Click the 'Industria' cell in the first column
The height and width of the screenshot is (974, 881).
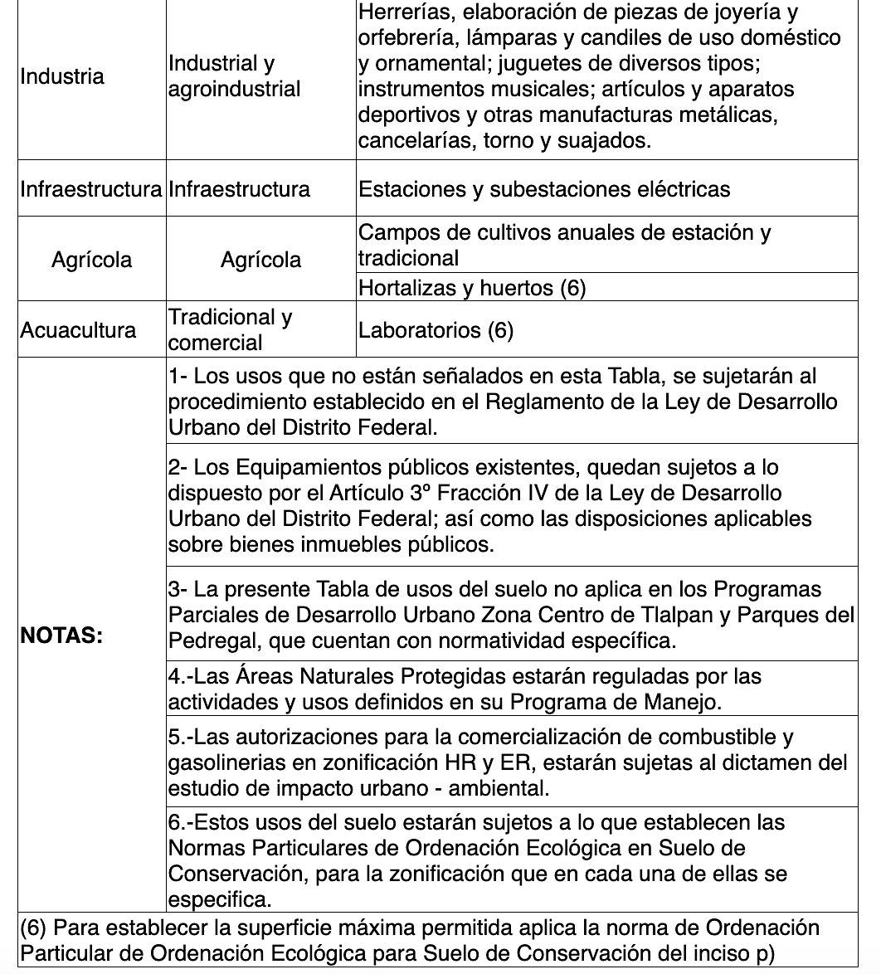tap(62, 76)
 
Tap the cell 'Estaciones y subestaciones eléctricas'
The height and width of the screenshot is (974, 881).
tap(544, 189)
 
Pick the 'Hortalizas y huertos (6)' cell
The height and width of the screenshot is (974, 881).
tap(472, 288)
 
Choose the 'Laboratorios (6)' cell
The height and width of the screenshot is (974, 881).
tap(436, 330)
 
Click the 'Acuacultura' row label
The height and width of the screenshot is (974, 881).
tap(78, 330)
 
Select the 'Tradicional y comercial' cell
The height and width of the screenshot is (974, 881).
tap(230, 330)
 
